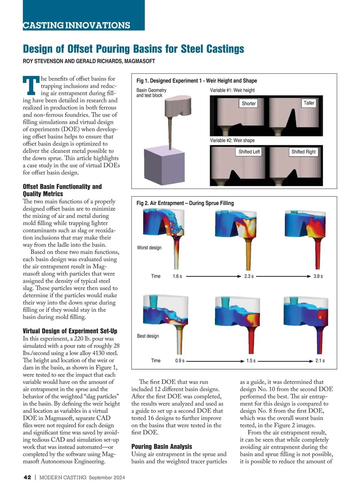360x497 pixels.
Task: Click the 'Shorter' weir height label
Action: click(x=249, y=103)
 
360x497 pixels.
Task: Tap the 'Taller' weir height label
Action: click(x=309, y=103)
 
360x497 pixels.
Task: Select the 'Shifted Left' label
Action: click(x=249, y=152)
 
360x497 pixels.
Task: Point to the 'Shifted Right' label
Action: click(x=303, y=152)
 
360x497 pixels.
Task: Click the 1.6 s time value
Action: click(x=177, y=276)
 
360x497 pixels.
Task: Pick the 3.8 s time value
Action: click(x=318, y=276)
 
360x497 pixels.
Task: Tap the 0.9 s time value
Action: click(x=180, y=361)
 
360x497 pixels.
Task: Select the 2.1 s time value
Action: click(x=320, y=361)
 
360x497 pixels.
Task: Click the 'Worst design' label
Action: click(x=149, y=248)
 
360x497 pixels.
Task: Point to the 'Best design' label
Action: click(x=148, y=336)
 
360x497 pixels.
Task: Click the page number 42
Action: click(x=27, y=478)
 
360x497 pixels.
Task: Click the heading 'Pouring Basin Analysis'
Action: click(x=162, y=447)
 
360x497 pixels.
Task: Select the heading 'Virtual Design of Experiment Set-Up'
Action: click(x=70, y=331)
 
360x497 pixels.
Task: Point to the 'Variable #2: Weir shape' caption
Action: click(x=232, y=140)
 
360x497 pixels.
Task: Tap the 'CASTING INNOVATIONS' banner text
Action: click(x=76, y=25)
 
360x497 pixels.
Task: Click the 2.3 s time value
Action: click(x=249, y=276)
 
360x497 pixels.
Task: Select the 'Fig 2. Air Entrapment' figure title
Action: click(x=185, y=203)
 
